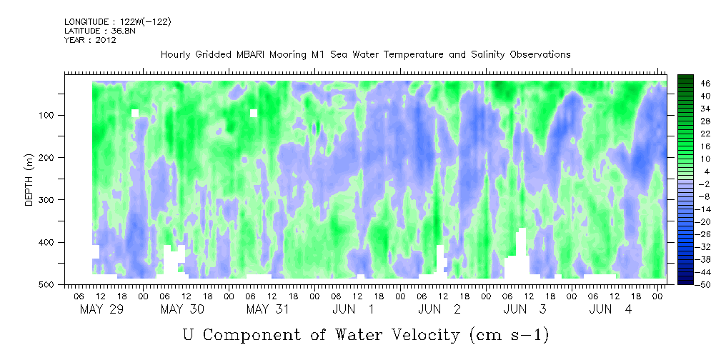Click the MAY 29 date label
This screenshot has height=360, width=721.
coord(101,309)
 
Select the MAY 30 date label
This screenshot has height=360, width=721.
coord(182,309)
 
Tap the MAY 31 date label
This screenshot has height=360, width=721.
coord(268,309)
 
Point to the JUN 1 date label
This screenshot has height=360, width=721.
coord(353,309)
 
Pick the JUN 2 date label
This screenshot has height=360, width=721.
coord(439,309)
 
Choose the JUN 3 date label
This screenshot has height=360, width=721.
coord(524,309)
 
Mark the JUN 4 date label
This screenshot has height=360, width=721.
coord(611,309)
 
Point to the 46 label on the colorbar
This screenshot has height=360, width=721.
coord(693,84)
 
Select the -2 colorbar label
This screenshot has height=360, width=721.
coord(691,184)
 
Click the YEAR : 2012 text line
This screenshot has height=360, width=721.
coord(90,40)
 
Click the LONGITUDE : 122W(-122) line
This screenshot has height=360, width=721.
coord(118,22)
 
